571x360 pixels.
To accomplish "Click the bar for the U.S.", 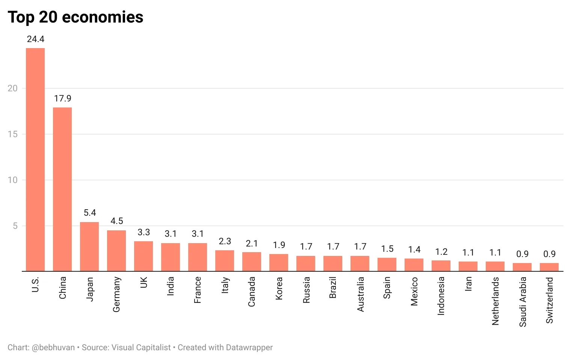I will coord(35,160).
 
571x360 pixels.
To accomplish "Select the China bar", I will coord(62,189).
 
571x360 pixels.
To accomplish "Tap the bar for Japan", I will coord(89,247).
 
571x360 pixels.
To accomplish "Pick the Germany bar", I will coord(116,251).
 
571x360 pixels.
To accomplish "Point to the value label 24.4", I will coord(36,39).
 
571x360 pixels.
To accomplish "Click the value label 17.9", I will coord(62,98).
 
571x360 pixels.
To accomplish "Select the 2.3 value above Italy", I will coord(225,241).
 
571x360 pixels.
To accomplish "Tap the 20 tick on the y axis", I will coord(12,88).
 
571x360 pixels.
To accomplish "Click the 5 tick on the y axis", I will coord(15,226).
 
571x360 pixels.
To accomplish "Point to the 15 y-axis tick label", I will coord(12,134).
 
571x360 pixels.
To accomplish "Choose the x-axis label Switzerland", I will coord(550,300).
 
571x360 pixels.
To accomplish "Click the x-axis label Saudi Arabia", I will coord(523,302).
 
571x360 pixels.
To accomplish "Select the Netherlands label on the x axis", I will coord(495,301).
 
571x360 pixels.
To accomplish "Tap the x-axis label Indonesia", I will coord(441,296).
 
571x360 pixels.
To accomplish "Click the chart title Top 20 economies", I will coord(76,17).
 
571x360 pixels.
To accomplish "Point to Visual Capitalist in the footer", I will coord(141,348).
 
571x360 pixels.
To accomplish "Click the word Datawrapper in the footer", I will coord(249,348).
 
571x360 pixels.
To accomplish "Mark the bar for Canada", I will coord(252,262).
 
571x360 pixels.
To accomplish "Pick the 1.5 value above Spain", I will coord(387,249).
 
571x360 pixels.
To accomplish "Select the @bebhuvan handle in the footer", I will coord(53,348).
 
